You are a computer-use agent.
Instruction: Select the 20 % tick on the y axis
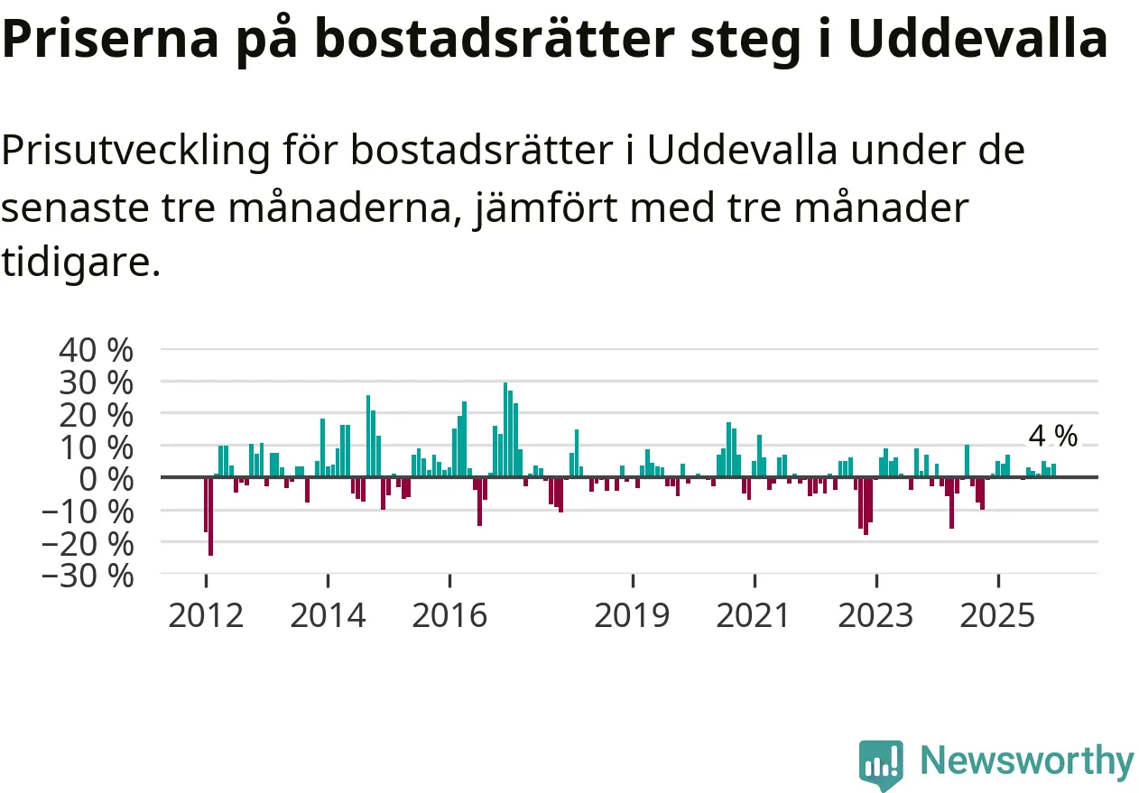96,414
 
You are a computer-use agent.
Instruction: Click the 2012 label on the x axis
206,616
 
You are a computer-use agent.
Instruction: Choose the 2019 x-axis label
633,616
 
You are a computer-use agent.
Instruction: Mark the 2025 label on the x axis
997,616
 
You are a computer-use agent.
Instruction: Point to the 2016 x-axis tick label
449,616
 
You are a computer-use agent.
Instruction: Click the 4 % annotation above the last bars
1053,437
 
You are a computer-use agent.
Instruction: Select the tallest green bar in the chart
505,429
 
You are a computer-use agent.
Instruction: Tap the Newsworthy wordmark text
1026,761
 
